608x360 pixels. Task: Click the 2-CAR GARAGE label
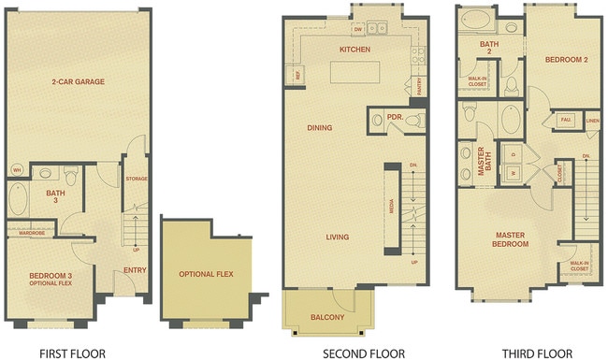78,81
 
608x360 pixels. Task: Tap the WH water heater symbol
17,170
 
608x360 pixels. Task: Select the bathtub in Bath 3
18,201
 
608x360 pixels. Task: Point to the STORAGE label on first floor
137,179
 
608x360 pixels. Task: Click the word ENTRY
135,271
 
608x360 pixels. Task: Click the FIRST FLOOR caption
72,353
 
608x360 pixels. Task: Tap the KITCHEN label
355,50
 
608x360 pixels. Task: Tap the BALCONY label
327,318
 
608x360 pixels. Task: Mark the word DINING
320,127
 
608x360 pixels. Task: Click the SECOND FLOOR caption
364,353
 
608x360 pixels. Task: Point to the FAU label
566,120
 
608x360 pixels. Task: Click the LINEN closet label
591,121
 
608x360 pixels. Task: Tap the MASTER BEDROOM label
512,239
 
